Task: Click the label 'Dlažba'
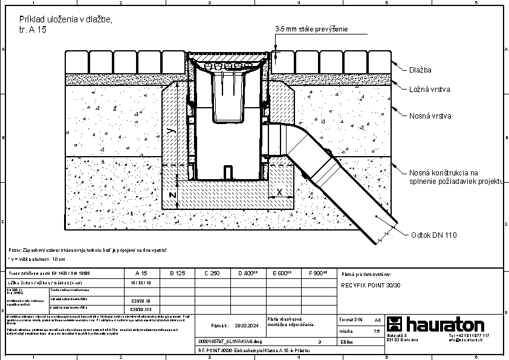(x=420, y=70)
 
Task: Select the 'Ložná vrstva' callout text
(x=429, y=90)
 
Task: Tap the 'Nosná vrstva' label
(x=430, y=116)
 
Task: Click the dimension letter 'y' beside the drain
(x=171, y=130)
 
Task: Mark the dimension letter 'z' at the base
(x=172, y=195)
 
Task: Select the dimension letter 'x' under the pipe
(x=279, y=191)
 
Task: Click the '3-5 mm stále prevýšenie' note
(x=311, y=28)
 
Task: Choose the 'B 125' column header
(x=176, y=273)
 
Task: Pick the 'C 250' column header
(x=211, y=273)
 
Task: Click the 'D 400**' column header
(x=248, y=273)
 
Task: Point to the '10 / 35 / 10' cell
(x=141, y=283)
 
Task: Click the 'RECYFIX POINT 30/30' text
(x=371, y=284)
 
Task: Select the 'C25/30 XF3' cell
(x=141, y=308)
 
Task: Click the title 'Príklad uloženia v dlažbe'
(x=65, y=20)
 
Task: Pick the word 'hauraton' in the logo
(x=445, y=324)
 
